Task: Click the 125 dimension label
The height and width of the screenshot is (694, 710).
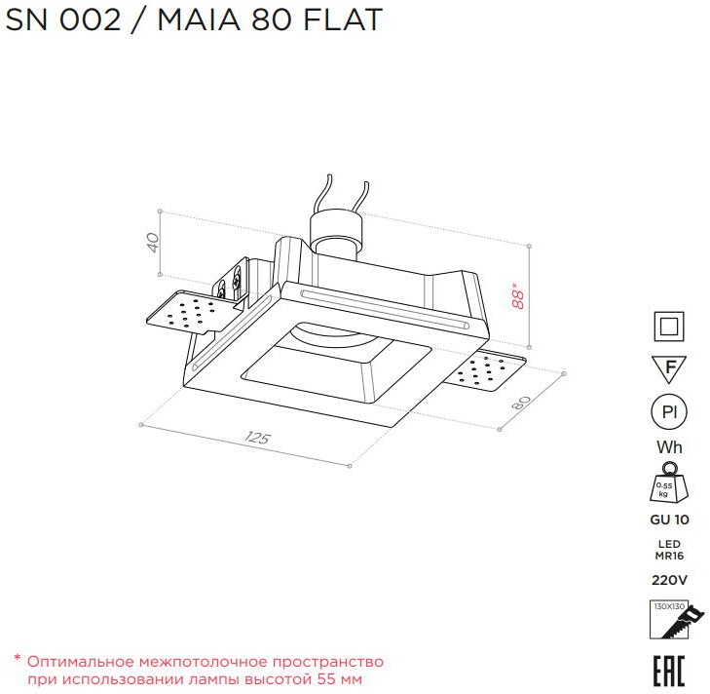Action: pos(257,438)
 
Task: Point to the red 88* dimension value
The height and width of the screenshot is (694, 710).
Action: pos(517,295)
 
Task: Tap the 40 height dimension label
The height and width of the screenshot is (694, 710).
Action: pos(153,243)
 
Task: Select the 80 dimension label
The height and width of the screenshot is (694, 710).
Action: pos(521,403)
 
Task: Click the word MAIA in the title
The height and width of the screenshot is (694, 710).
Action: pos(199,19)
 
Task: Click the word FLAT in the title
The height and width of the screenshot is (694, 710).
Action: pos(343,19)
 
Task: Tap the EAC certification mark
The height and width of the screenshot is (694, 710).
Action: pos(669,671)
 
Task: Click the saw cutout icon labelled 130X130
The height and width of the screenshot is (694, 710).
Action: pos(675,620)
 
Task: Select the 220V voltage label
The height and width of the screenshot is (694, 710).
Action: pos(669,580)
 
